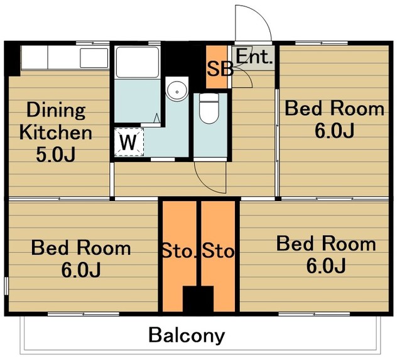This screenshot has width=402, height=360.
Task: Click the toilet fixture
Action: pyautogui.click(x=209, y=108)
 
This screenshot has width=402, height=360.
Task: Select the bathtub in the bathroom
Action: pyautogui.click(x=138, y=62)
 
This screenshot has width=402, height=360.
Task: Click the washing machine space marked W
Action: pyautogui.click(x=129, y=142)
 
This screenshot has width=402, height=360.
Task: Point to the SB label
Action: pyautogui.click(x=220, y=69)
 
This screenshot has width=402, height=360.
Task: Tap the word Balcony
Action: pyautogui.click(x=187, y=336)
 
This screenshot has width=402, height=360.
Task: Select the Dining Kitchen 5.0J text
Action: pyautogui.click(x=56, y=132)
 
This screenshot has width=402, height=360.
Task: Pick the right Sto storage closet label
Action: pyautogui.click(x=219, y=251)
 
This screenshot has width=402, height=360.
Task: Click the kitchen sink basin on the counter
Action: pyautogui.click(x=94, y=58)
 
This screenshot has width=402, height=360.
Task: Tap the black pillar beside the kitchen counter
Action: pyautogui.click(x=13, y=58)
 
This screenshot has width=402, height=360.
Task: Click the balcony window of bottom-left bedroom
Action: pyautogui.click(x=84, y=314)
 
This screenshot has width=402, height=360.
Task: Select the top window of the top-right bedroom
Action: pyautogui.click(x=322, y=43)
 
